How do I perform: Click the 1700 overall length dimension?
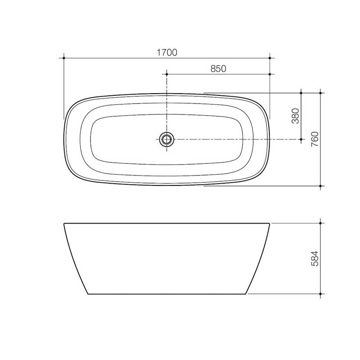pos(167,52)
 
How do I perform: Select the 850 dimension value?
pos(218,68)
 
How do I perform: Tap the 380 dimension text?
pos(295,117)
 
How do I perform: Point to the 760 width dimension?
pos(315,139)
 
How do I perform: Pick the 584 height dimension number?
pos(315,258)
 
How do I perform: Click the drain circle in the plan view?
pos(167,139)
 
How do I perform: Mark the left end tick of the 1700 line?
pos(64,58)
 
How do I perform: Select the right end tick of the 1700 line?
pos(270,58)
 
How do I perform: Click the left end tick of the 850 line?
pos(167,74)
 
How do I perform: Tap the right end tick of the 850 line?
pos(270,74)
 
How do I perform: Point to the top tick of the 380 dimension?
pos(301,93)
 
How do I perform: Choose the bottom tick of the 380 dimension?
pos(301,139)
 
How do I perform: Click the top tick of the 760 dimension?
pos(320,93)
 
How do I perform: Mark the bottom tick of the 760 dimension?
pos(320,185)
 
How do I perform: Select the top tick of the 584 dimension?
pos(320,223)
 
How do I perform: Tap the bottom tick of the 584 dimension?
pos(320,294)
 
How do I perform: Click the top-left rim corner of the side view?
pos(64,223)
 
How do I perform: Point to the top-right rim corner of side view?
pos(270,223)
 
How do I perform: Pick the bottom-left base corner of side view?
pos(88,294)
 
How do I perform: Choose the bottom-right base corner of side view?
pos(247,294)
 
